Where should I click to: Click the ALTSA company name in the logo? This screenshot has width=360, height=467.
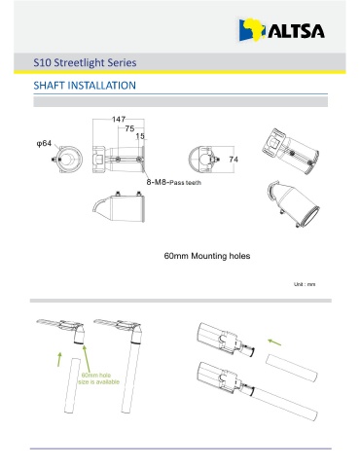click(296, 31)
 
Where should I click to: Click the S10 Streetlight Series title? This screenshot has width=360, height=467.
click(85, 62)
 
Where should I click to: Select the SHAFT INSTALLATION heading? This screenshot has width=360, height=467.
click(85, 86)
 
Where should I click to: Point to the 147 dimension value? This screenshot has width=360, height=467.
click(119, 120)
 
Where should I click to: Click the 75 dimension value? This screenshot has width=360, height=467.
click(129, 128)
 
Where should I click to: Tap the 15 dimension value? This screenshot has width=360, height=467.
click(140, 136)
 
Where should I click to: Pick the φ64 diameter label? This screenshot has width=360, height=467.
click(44, 143)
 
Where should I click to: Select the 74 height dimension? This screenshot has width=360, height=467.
click(234, 160)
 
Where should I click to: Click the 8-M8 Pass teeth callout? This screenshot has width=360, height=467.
click(173, 182)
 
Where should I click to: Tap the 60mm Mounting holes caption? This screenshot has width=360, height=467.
click(207, 256)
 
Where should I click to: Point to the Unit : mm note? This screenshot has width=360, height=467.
click(305, 284)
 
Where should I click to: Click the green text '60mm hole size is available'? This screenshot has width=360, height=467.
click(99, 378)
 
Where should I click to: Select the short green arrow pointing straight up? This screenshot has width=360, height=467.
click(59, 359)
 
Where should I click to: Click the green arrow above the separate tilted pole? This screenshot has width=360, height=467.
click(274, 341)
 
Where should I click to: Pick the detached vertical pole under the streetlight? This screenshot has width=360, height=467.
click(72, 385)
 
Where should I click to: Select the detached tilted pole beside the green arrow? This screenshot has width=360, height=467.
click(291, 368)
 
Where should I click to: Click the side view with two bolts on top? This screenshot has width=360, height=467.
click(119, 207)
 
